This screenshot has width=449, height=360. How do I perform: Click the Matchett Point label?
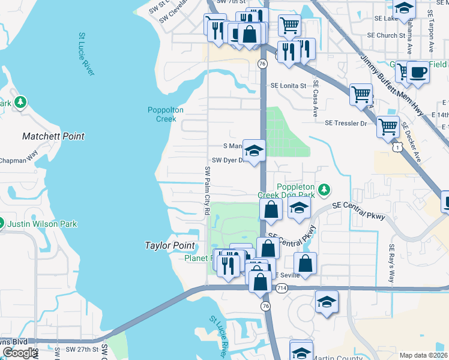pyautogui.click(x=53, y=136)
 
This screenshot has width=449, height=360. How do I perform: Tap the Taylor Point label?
pyautogui.click(x=170, y=245)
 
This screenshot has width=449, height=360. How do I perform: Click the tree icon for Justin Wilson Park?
pyautogui.click(x=2, y=224)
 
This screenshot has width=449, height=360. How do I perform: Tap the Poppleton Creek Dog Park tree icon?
pyautogui.click(x=324, y=190)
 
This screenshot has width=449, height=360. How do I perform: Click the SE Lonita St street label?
pyautogui.click(x=288, y=86)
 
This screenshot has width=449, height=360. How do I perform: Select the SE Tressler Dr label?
pyautogui.click(x=346, y=123)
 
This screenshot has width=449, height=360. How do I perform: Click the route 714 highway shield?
pyautogui.click(x=282, y=289)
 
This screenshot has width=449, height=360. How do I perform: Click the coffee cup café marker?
pyautogui.click(x=418, y=73)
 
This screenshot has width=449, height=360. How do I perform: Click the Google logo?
pyautogui.click(x=19, y=353)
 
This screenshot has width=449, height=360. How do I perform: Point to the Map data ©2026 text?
pyautogui.click(x=423, y=355)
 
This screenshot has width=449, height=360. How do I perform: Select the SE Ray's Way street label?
pyautogui.click(x=392, y=264)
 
